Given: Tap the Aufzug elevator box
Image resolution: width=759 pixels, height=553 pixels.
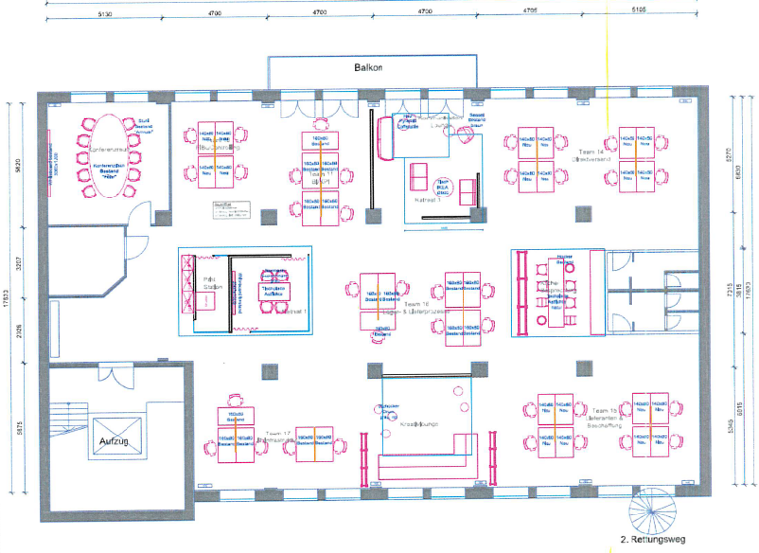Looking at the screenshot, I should pos(115,437).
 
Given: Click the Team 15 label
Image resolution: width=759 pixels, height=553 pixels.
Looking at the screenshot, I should pos(605,408).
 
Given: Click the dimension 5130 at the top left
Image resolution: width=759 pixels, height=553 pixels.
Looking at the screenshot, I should pos(104,15).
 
